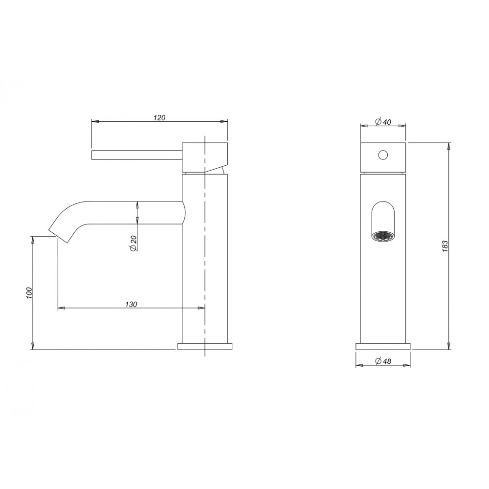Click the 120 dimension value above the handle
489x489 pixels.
point(159,117)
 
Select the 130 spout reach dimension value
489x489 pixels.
point(131,304)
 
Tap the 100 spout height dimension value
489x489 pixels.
point(29,293)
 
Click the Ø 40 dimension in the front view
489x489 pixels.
point(383,122)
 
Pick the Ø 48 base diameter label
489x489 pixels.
point(383,361)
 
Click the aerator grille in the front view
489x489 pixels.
point(383,236)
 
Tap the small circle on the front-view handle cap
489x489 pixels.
point(383,155)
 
